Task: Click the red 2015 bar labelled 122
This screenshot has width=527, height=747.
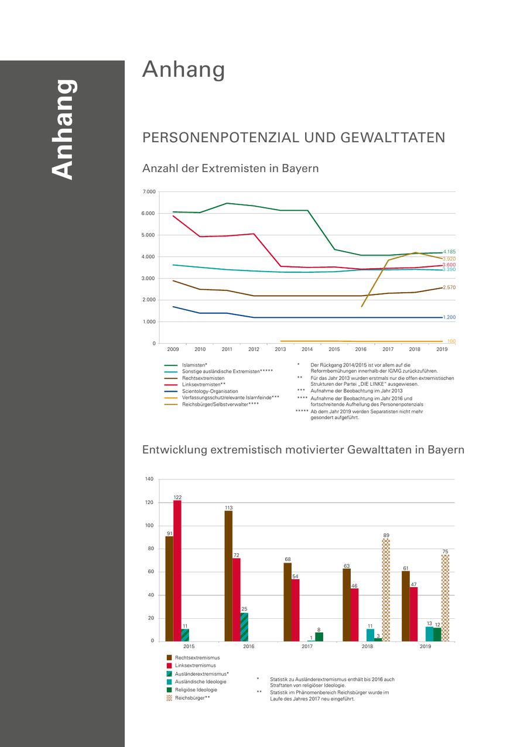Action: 177,571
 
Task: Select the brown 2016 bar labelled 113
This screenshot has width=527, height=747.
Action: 228,576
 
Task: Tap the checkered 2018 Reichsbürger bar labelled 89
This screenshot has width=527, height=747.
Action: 386,590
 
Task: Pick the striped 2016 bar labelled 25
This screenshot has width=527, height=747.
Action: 244,627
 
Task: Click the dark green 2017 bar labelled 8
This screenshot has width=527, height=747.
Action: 319,637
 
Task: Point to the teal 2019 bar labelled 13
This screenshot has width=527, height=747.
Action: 429,634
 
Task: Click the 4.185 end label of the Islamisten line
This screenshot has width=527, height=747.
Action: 449,252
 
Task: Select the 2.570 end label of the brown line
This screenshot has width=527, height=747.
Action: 449,287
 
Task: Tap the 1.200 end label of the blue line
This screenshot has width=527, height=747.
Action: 449,317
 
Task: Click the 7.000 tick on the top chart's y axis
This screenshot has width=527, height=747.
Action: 149,192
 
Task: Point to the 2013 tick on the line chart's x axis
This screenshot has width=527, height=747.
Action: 280,349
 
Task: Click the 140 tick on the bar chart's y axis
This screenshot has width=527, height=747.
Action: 149,479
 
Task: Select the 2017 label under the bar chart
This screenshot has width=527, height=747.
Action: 307,646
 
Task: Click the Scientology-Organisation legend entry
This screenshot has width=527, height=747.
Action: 210,391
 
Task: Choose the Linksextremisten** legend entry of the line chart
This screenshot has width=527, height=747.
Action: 204,385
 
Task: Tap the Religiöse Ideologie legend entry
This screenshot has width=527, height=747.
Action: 196,690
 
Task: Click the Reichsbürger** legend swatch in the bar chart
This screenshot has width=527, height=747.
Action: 170,698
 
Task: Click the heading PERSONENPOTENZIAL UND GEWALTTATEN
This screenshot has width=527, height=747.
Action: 293,138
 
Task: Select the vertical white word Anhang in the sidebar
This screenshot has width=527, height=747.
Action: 63,129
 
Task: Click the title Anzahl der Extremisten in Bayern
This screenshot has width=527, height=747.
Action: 230,168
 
